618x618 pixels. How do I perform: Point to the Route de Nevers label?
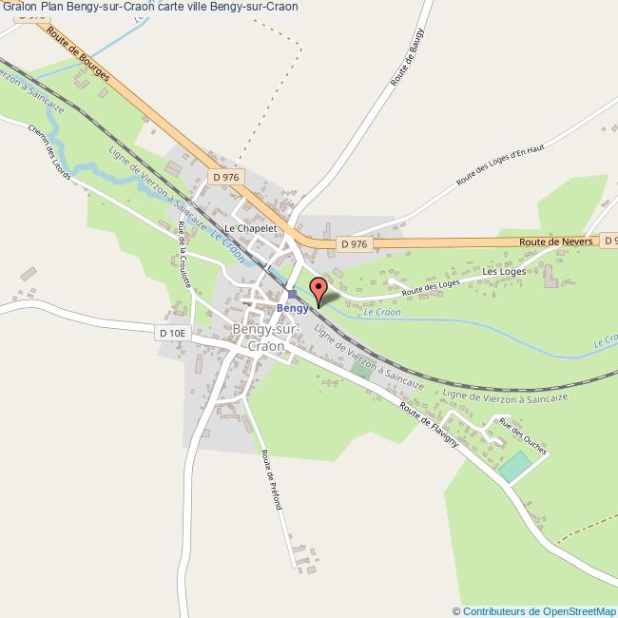(556, 242)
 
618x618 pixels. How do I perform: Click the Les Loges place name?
(504, 271)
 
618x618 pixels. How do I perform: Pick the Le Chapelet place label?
(250, 228)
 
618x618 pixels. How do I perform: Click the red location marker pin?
(318, 288)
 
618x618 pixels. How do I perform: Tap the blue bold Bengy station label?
(292, 308)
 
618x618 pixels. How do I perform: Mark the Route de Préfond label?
(272, 480)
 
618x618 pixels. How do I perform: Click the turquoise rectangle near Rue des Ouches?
(514, 466)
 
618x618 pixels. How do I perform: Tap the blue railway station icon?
(293, 294)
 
